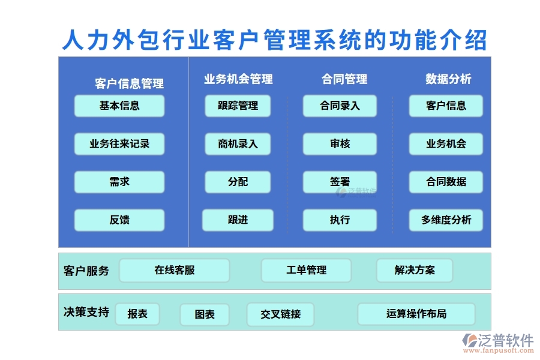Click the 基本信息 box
119,106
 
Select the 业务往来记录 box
119,144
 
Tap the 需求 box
119,182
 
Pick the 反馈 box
119,220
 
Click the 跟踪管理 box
238,106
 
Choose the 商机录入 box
238,144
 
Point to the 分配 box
238,182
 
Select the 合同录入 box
340,106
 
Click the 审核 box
340,144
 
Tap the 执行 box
340,220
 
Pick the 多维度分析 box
446,220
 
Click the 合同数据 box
446,182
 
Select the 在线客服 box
174,271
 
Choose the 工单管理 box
306,271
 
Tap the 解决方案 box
415,271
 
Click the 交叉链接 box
280,314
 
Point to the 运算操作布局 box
416,314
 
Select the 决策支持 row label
86,312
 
